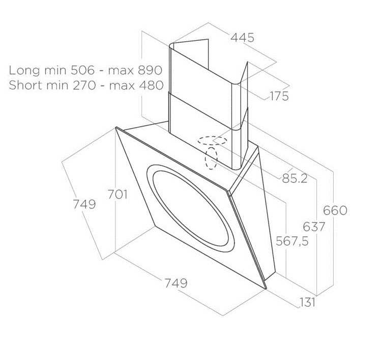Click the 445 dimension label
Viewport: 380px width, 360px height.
(x=242, y=38)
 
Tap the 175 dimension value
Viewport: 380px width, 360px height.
(x=279, y=96)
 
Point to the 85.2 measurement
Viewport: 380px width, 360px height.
(x=295, y=179)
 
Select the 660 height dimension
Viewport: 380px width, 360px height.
(x=335, y=211)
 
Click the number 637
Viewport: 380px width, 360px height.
(x=314, y=227)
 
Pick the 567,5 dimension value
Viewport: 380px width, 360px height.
(x=293, y=241)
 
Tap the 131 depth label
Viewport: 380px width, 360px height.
(x=308, y=302)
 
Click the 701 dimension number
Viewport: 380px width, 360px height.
(x=118, y=195)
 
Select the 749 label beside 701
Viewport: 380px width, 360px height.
(x=84, y=204)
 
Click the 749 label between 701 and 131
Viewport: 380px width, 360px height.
(x=176, y=283)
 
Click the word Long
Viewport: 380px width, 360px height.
(x=24, y=71)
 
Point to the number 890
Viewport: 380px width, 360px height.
(x=150, y=70)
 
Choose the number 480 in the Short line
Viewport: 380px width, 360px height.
(x=151, y=86)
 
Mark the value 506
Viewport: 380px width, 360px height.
(x=82, y=70)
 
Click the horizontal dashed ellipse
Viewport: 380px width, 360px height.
(x=213, y=141)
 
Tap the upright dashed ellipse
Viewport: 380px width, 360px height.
(x=211, y=158)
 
